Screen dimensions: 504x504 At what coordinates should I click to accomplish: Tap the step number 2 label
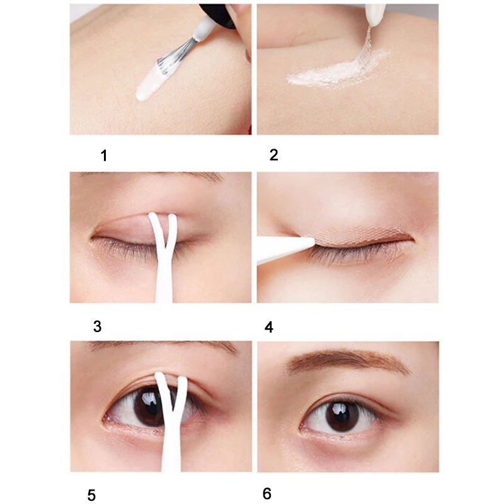[273, 155]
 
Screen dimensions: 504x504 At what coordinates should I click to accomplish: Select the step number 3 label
[96, 326]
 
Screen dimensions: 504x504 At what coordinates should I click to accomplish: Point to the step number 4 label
[270, 326]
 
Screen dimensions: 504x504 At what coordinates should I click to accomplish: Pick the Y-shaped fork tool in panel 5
[170, 428]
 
